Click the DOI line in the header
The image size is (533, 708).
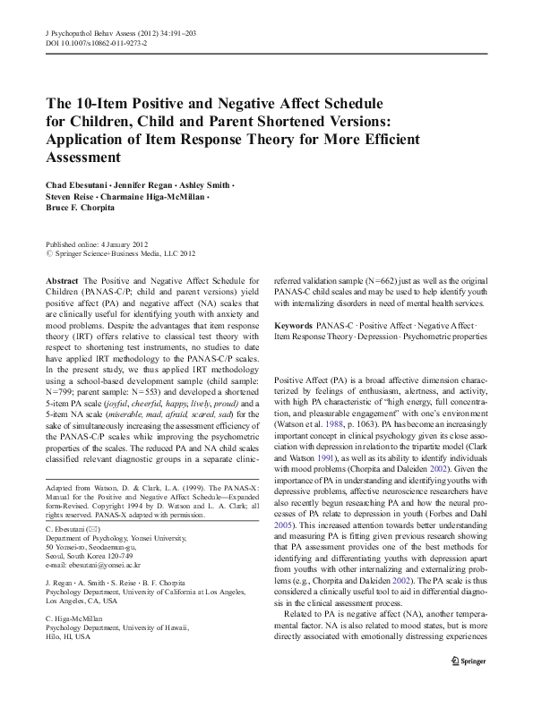click(96, 43)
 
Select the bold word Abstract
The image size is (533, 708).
click(61, 280)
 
